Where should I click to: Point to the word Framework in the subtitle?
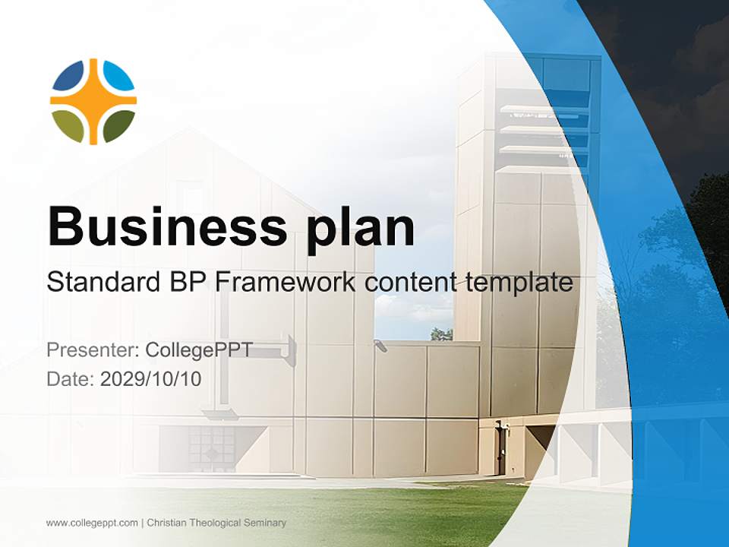point(286,283)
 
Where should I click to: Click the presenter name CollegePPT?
point(199,350)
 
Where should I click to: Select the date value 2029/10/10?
point(151,379)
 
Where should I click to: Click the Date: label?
point(71,379)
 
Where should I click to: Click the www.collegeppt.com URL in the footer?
point(92,523)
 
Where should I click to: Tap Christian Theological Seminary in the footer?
point(216,523)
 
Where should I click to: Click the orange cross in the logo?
point(93,101)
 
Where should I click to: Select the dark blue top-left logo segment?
point(68,76)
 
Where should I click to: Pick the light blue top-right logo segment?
point(118,76)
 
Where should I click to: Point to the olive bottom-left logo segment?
point(68,125)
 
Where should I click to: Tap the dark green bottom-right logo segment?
point(118,125)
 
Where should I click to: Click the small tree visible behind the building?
point(441,334)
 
